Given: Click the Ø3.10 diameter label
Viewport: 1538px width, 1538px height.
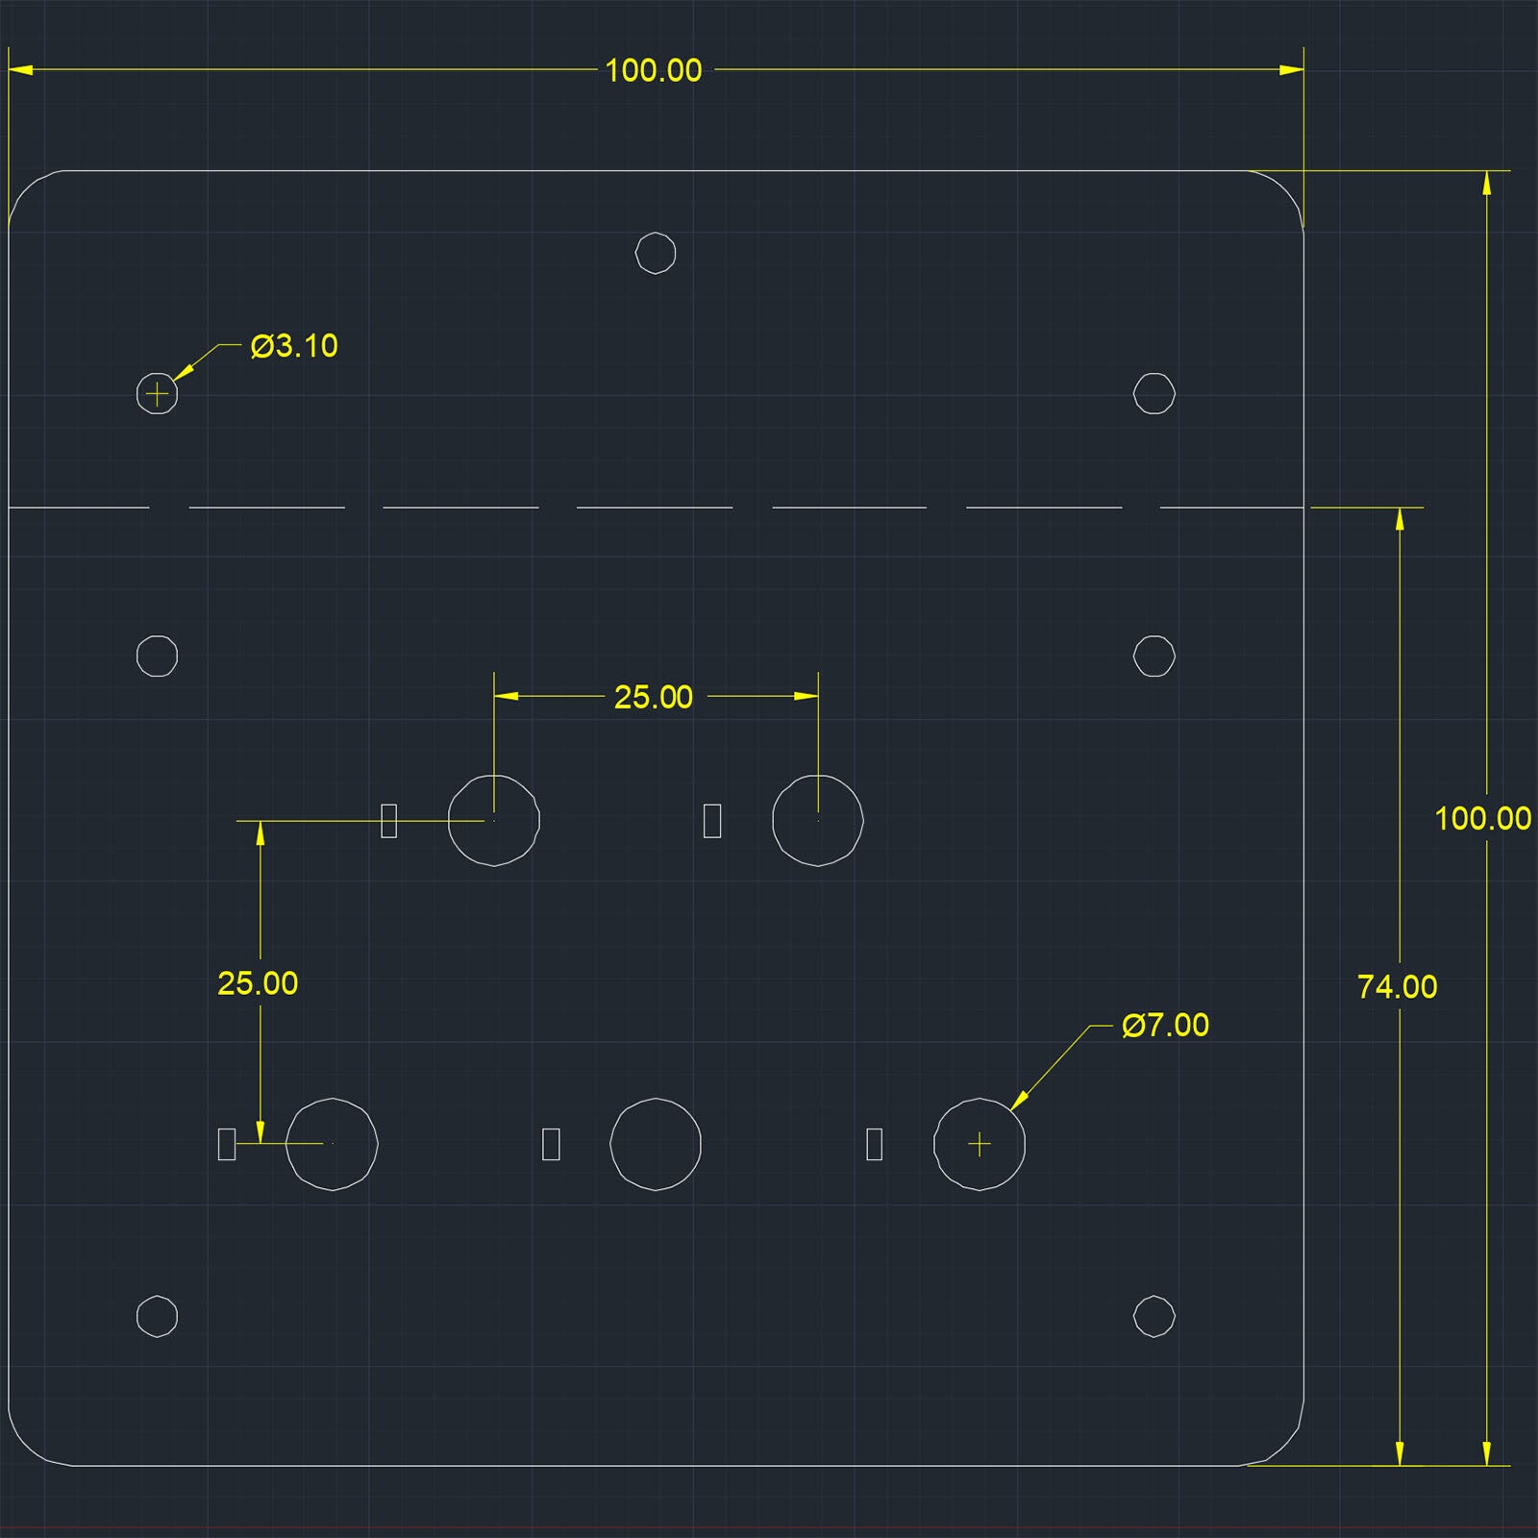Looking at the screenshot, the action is (x=294, y=346).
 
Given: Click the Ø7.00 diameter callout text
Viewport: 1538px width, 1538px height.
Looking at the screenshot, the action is (x=1165, y=1026).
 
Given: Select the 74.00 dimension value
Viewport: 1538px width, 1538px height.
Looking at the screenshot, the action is (x=1397, y=987).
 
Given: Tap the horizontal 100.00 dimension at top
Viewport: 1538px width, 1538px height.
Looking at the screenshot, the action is (x=654, y=70).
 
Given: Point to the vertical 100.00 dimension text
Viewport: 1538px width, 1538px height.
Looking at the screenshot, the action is (x=1482, y=819).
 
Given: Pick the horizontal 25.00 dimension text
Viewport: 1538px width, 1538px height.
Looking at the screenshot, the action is (x=654, y=697).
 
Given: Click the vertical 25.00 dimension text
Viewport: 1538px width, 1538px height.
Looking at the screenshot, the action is (x=258, y=983).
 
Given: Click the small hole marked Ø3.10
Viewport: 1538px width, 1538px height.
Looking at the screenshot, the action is (x=158, y=393).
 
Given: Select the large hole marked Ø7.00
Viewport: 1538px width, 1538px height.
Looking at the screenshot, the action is (x=980, y=1144).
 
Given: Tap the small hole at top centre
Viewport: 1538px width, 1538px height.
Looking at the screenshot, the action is (x=656, y=253).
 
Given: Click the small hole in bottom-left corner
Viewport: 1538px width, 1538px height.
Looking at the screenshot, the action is (x=158, y=1316).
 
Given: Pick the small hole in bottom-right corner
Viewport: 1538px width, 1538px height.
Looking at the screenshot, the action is (x=1154, y=1316).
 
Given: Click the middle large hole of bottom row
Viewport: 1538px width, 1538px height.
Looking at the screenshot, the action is (x=656, y=1144).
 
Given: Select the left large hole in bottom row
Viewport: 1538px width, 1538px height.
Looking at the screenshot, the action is (x=333, y=1144).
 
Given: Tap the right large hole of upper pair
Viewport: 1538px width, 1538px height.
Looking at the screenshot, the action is (x=818, y=821).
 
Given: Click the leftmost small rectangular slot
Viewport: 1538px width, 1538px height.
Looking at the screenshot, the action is (x=227, y=1144).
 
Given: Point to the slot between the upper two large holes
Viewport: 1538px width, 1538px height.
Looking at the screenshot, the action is (x=712, y=821).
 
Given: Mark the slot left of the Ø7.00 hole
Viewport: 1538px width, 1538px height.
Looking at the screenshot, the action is (x=875, y=1144).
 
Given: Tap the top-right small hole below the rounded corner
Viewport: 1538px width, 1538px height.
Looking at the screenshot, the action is (x=1154, y=393).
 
